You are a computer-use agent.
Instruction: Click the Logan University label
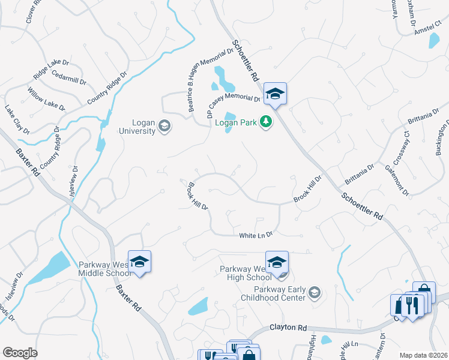click(x=137, y=126)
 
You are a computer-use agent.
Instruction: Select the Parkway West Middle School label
click(x=104, y=269)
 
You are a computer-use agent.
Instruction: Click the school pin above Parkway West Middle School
click(x=139, y=262)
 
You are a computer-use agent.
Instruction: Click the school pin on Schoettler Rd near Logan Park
click(x=275, y=94)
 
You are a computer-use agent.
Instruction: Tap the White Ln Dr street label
click(x=256, y=235)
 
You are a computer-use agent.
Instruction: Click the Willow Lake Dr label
click(x=46, y=98)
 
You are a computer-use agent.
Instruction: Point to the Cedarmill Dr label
click(x=69, y=77)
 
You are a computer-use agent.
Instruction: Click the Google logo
click(x=20, y=353)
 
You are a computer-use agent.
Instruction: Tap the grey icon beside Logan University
click(x=164, y=126)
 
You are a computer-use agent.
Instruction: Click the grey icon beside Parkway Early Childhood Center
click(x=314, y=293)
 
